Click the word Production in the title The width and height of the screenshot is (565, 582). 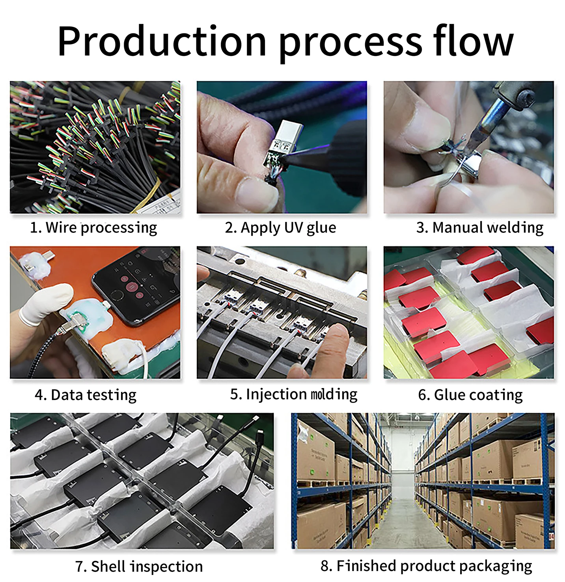click(162, 41)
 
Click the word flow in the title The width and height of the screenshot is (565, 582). click(473, 41)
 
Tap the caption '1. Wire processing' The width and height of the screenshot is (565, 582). click(93, 228)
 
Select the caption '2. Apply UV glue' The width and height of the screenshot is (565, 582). click(280, 228)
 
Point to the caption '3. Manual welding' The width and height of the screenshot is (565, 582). click(479, 228)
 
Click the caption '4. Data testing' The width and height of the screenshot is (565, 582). click(86, 394)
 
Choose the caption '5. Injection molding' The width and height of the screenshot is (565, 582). click(294, 394)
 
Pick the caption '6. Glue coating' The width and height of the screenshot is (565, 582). click(470, 394)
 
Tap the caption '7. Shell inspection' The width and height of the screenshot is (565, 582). click(139, 566)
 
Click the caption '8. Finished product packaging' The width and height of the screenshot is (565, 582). click(426, 566)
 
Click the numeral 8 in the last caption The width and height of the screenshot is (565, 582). click(326, 566)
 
